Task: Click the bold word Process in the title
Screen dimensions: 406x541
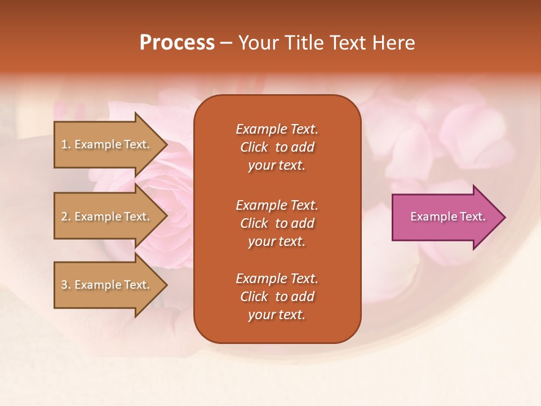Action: (x=177, y=43)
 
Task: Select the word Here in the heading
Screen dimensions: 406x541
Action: (x=393, y=43)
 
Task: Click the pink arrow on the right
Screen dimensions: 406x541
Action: (x=445, y=217)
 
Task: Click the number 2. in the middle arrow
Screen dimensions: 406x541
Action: (x=66, y=217)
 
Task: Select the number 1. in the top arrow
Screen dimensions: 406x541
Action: (x=66, y=144)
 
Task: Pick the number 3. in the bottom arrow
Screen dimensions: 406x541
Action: (x=66, y=285)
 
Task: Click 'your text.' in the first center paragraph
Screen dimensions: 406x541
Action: (x=277, y=166)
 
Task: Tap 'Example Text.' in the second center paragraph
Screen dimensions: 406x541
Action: (x=277, y=205)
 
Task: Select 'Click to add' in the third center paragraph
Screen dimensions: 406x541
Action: (x=277, y=297)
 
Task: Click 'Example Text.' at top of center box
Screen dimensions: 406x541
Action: (x=277, y=129)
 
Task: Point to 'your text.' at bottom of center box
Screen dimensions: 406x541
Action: (x=277, y=315)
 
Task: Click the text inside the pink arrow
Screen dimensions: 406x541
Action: (x=447, y=217)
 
